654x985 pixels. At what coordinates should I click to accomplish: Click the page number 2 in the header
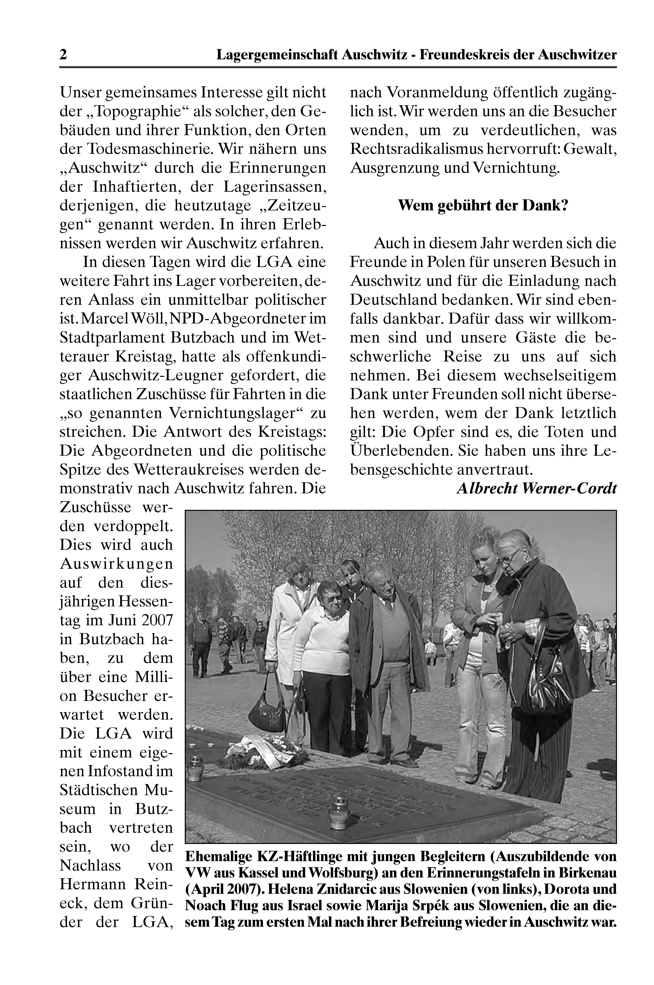pos(63,55)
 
